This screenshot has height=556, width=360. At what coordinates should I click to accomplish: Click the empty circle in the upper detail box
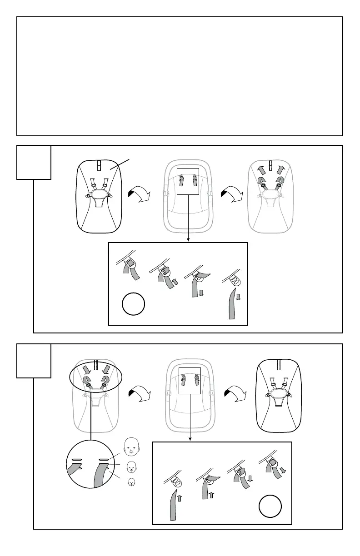point(134,304)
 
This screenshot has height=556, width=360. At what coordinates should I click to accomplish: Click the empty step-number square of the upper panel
point(34,162)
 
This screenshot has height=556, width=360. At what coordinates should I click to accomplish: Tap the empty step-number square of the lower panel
point(34,361)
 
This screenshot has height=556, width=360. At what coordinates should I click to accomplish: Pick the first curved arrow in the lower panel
point(140,393)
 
